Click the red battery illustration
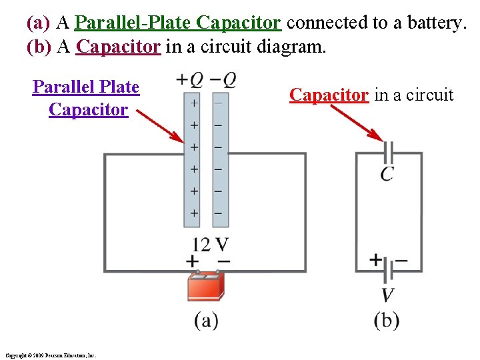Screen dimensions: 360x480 click(206, 286)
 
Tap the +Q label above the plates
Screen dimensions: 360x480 click(189, 80)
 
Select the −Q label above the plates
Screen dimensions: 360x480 click(222, 80)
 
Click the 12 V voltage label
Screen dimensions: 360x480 click(209, 245)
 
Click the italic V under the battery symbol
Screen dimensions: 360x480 click(387, 295)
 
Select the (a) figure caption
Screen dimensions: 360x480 click(206, 321)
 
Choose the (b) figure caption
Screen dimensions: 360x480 click(387, 321)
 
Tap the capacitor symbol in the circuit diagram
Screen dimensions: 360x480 click(388, 153)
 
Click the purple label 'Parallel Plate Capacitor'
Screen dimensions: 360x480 click(86, 98)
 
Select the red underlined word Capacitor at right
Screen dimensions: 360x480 click(329, 95)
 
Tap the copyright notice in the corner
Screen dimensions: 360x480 click(50, 355)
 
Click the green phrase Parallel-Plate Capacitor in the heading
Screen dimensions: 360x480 click(178, 23)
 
